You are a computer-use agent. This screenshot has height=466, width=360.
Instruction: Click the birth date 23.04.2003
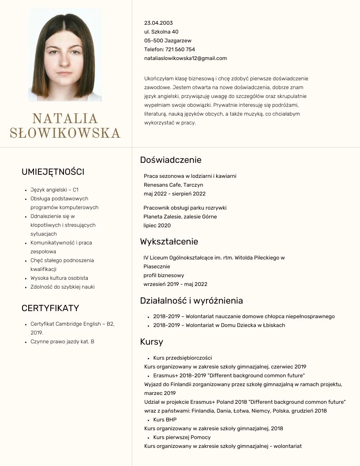158,23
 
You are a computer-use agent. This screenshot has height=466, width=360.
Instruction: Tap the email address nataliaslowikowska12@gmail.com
185,58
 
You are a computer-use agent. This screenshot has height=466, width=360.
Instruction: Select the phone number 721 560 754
180,49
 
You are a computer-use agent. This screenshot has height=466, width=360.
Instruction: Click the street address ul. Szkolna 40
161,32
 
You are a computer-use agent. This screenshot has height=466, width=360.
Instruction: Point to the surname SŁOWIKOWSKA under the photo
65,133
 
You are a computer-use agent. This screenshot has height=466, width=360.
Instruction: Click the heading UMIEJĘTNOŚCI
53,172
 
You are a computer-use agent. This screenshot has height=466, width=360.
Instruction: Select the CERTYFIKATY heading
50,308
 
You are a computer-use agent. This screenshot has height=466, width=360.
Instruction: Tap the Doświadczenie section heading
171,160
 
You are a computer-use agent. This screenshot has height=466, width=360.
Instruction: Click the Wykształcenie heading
169,241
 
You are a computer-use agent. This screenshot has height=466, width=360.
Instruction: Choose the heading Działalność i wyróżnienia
191,301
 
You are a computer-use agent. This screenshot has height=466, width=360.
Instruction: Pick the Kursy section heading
151,342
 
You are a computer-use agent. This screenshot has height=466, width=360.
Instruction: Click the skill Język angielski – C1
54,190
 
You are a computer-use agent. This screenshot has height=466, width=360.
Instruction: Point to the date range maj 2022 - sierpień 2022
175,194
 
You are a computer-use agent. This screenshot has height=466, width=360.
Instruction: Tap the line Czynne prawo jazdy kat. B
62,342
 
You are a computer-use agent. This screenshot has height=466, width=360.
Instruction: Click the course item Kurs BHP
165,420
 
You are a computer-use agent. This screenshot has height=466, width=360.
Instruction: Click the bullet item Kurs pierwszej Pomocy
182,437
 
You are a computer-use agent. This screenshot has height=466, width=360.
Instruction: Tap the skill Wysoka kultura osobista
59,278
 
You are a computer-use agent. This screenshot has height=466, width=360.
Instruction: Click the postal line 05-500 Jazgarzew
168,41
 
